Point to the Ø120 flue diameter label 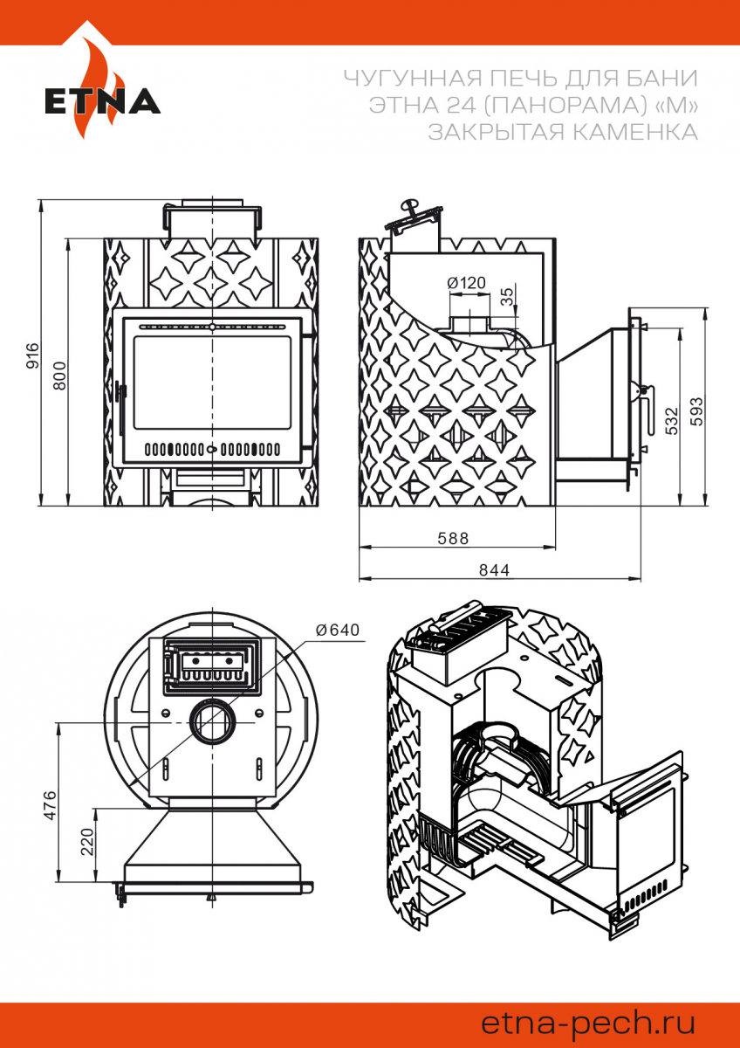tap(465, 283)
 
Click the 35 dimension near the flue tap(508, 296)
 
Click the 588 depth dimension tap(454, 538)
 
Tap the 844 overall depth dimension tap(494, 569)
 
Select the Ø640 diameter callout tap(337, 630)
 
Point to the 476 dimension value tap(49, 804)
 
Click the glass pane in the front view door tap(212, 382)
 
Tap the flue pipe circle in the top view tap(210, 722)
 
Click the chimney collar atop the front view tap(212, 216)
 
